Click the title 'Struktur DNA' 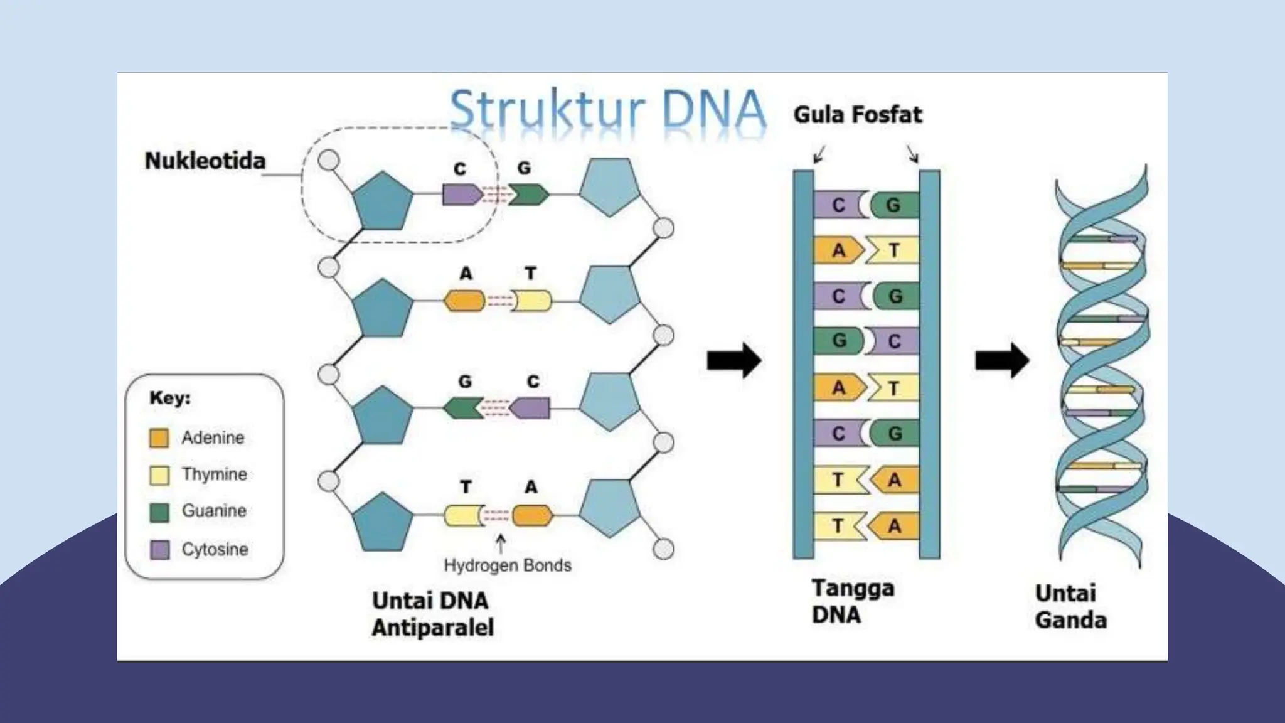coord(607,110)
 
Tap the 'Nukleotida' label coord(205,161)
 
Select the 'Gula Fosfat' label coord(857,115)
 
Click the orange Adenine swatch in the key coord(159,437)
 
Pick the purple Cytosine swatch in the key coord(159,550)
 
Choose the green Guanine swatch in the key coord(159,511)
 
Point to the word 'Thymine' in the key coord(214,474)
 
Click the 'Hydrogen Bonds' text coord(508,565)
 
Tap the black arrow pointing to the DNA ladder coord(733,361)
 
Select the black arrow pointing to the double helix coord(1001,361)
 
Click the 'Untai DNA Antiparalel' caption coord(432,614)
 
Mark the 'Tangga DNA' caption coord(852,601)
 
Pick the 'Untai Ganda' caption coord(1070,607)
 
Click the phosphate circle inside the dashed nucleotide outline coord(328,160)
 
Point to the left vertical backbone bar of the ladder coord(803,364)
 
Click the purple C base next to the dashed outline coord(461,195)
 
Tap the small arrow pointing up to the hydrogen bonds coord(501,544)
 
